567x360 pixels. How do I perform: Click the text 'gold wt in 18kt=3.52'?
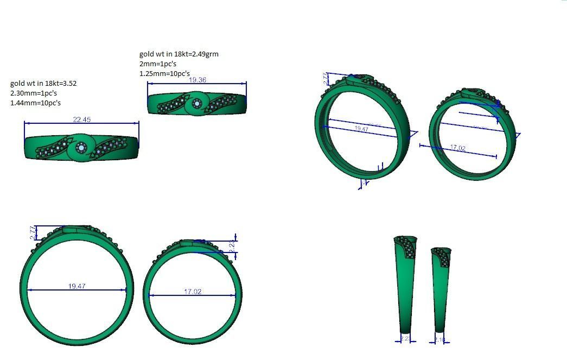tap(43, 84)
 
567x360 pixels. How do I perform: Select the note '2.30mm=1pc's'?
tap(34, 93)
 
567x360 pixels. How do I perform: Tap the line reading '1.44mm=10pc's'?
tap(36, 103)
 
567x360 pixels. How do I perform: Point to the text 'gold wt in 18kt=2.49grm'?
tap(179, 54)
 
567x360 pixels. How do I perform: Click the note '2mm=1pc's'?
tap(158, 64)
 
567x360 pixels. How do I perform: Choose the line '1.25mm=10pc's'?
tap(165, 73)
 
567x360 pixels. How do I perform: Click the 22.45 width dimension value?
tap(81, 119)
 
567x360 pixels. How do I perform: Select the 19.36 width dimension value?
tap(197, 80)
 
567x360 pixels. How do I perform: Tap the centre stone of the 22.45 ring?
tap(81, 147)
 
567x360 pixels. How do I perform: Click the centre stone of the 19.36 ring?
tap(197, 104)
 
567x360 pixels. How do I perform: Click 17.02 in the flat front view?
tap(193, 292)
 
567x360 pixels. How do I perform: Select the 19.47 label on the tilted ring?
tap(361, 129)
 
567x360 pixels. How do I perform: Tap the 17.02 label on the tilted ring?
tap(458, 148)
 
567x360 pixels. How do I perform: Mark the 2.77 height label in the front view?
tap(33, 232)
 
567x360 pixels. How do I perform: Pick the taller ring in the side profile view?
tap(405, 288)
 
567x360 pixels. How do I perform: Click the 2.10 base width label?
tap(440, 340)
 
